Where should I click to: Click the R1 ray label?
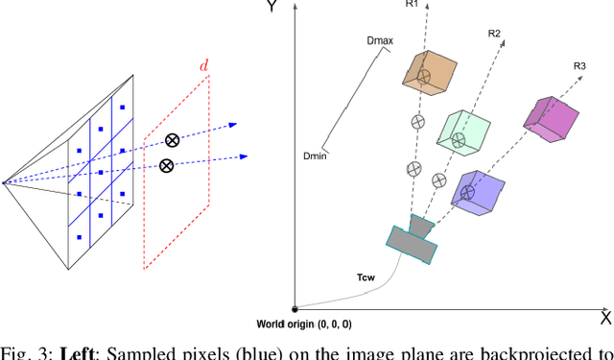pos(412,4)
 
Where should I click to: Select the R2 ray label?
pos(494,34)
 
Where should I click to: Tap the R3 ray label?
pos(579,65)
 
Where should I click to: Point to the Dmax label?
pos(382,40)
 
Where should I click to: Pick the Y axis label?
pos(272,7)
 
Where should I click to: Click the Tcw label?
pos(366,278)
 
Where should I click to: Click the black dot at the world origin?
pos(295,308)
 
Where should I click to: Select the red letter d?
pos(203,65)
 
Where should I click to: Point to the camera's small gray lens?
pos(420,226)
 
